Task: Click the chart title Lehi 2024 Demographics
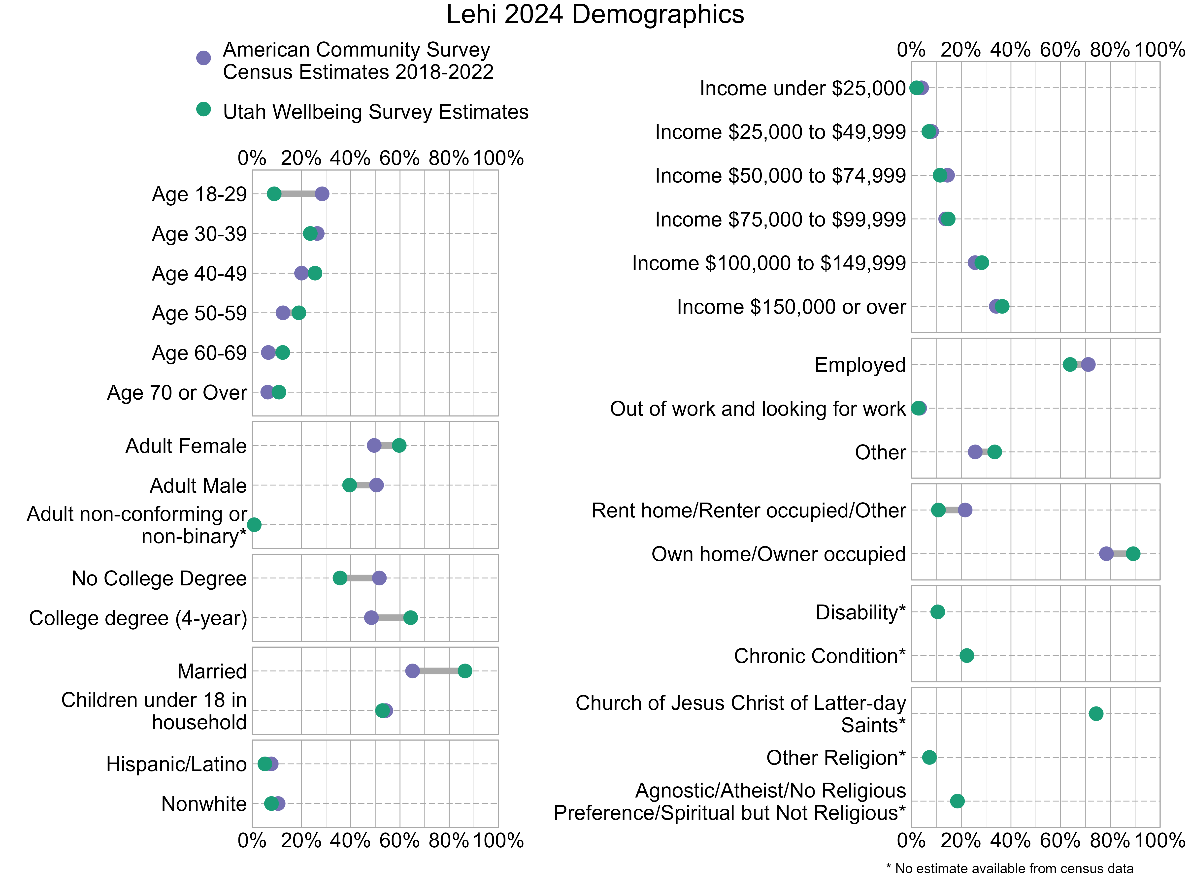pyautogui.click(x=595, y=15)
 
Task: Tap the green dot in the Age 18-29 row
pyautogui.click(x=274, y=194)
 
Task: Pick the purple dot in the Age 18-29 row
pyautogui.click(x=322, y=194)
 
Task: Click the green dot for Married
pyautogui.click(x=465, y=671)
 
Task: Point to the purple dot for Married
pyautogui.click(x=412, y=671)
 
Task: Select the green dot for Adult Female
pyautogui.click(x=399, y=445)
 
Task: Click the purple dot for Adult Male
pyautogui.click(x=376, y=485)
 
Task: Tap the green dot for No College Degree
pyautogui.click(x=340, y=578)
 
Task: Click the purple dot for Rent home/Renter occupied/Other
pyautogui.click(x=965, y=510)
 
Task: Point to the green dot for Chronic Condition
pyautogui.click(x=966, y=656)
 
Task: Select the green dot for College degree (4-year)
pyautogui.click(x=410, y=617)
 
